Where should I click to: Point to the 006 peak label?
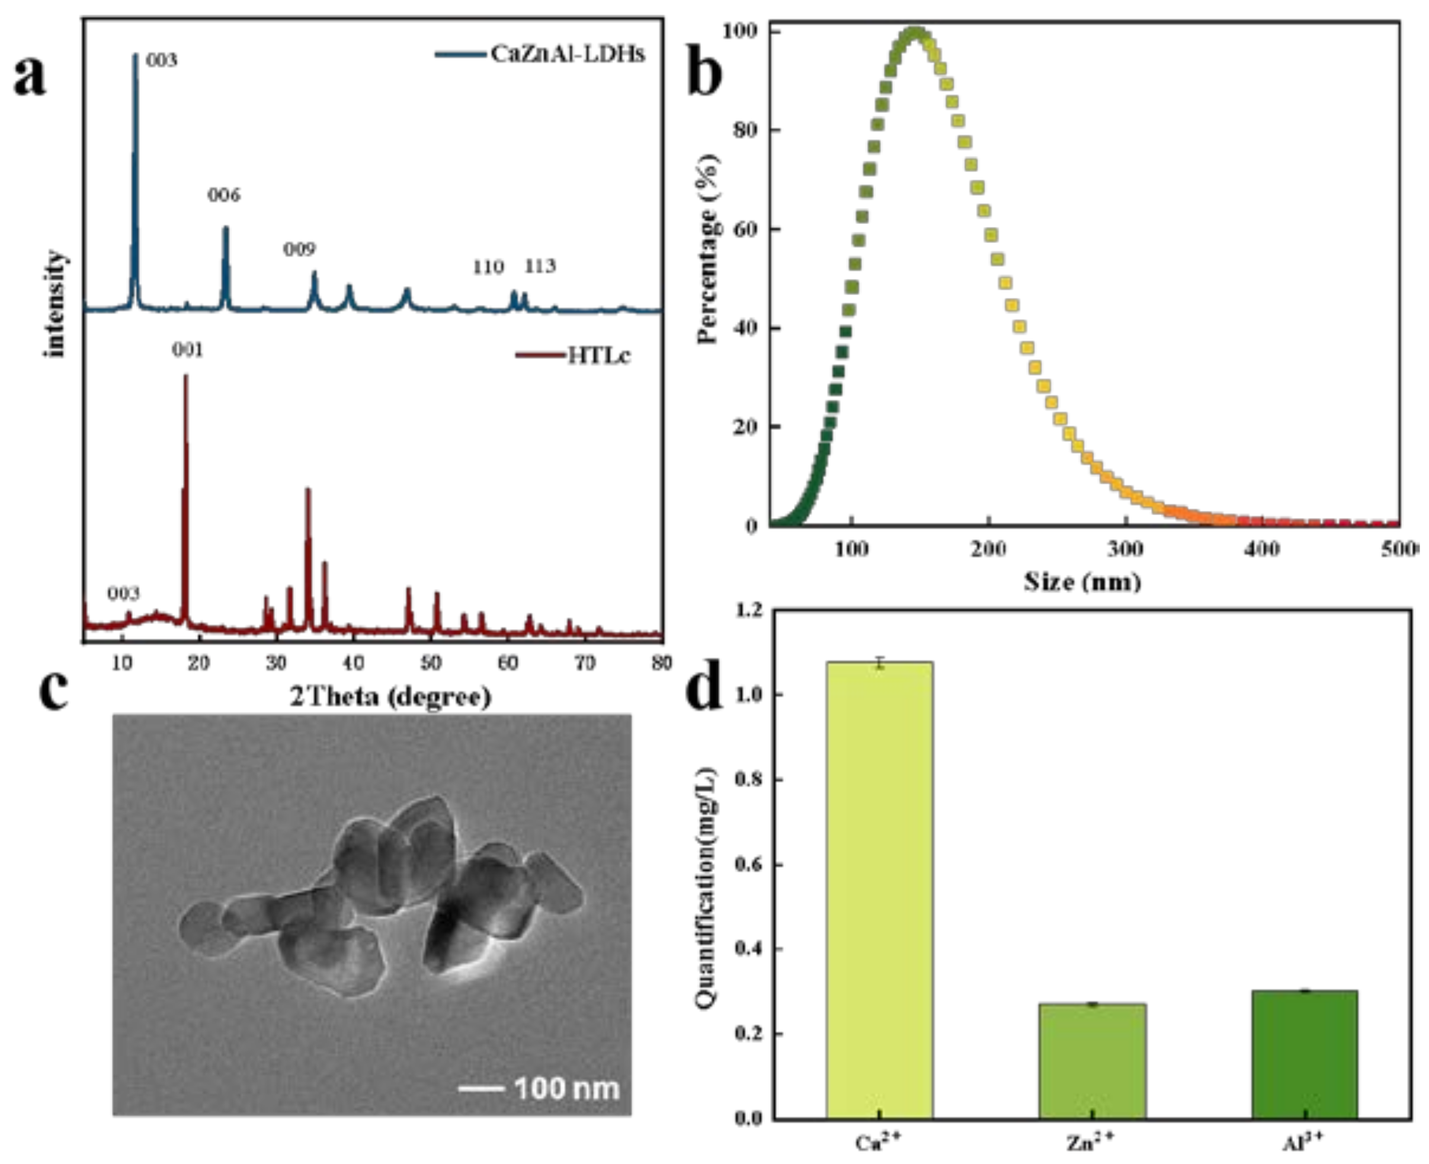(223, 195)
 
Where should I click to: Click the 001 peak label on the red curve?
(188, 350)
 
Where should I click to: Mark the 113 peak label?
(540, 267)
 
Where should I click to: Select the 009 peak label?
(299, 250)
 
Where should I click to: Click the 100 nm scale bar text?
(566, 1088)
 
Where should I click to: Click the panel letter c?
(54, 690)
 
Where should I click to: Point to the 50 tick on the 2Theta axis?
(430, 663)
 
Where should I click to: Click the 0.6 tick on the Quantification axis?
(749, 865)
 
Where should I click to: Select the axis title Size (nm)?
(1082, 581)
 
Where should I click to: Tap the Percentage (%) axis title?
(709, 248)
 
